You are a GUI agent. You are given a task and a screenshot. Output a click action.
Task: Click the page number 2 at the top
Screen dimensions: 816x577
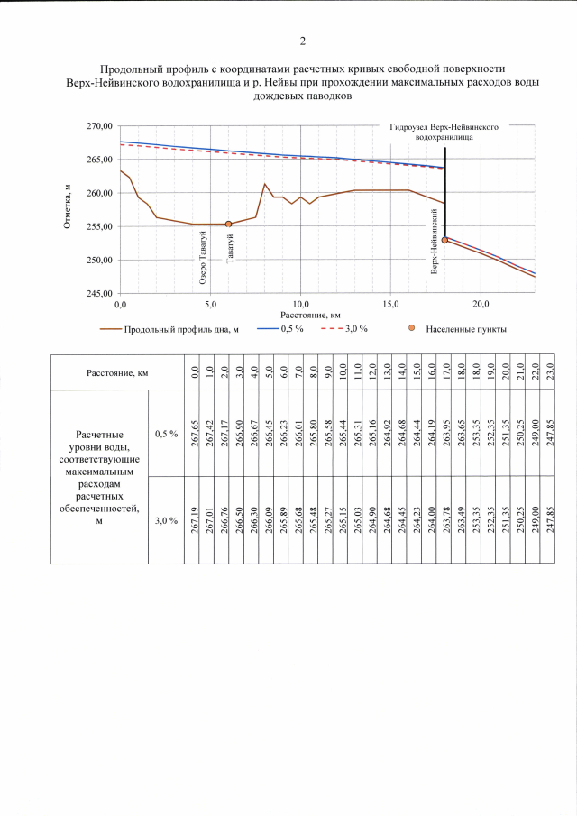click(303, 41)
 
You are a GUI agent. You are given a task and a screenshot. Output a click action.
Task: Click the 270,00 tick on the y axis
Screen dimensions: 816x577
click(98, 126)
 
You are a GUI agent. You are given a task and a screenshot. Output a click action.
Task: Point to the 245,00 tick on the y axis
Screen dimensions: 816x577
click(98, 294)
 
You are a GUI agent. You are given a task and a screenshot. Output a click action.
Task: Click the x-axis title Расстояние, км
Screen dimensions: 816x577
click(309, 315)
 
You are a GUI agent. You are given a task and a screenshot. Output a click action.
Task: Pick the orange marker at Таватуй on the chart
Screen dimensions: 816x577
click(229, 224)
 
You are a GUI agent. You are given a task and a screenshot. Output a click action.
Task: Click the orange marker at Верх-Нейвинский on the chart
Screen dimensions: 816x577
click(445, 240)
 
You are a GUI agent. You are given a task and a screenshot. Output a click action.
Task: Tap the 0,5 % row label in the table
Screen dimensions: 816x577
click(167, 434)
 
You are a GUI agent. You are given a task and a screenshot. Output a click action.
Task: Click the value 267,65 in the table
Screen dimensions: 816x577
click(195, 433)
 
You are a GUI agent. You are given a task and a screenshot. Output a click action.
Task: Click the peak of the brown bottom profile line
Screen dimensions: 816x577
click(265, 184)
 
